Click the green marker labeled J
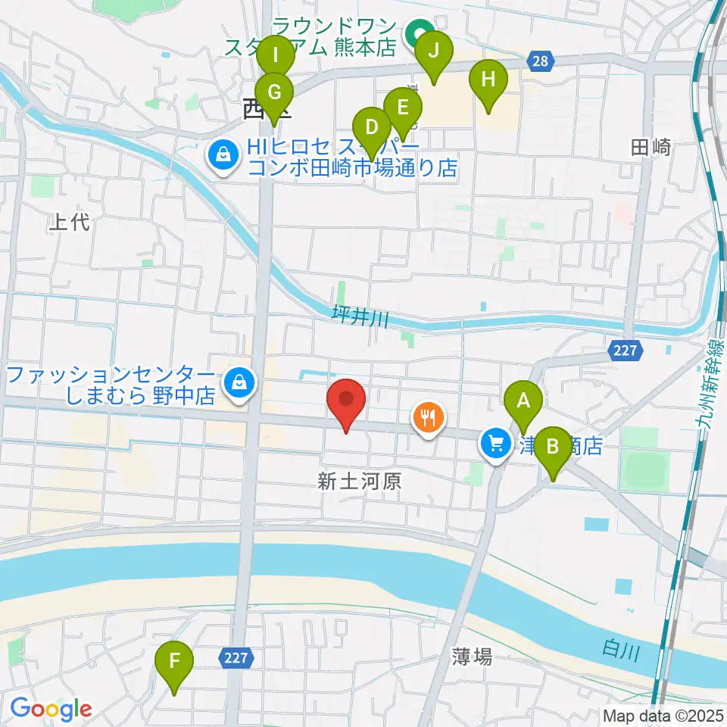coord(433,51)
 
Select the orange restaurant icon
coord(429,418)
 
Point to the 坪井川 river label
coord(360,318)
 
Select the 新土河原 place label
coord(359,480)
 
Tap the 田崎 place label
coord(651,148)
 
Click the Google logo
coord(51,709)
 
